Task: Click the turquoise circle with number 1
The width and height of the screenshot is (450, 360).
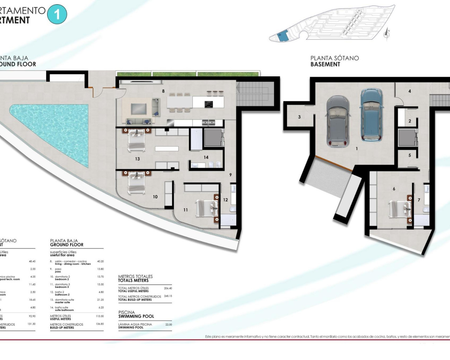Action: point(57,14)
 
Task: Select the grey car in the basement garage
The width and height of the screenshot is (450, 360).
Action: point(338,121)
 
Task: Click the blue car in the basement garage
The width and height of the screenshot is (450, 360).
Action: point(372,115)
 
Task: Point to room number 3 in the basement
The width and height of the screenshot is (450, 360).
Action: point(299,117)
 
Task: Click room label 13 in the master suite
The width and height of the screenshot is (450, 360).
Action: point(137,159)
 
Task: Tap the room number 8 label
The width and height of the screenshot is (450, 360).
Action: point(163,91)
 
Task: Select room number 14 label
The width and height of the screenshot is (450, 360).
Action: point(206,157)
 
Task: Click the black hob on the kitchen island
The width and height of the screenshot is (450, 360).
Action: point(208,104)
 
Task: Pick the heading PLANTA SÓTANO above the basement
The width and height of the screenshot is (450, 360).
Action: point(334,58)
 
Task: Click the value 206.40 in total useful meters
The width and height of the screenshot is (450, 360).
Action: point(168,288)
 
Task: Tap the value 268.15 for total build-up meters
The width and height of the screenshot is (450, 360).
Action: point(168,296)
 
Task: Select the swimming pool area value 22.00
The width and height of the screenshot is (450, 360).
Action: point(169,324)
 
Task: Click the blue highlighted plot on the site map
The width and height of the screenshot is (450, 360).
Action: point(283,36)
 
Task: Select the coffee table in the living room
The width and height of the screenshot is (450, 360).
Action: point(139,109)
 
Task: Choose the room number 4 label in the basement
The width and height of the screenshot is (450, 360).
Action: point(410,91)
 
